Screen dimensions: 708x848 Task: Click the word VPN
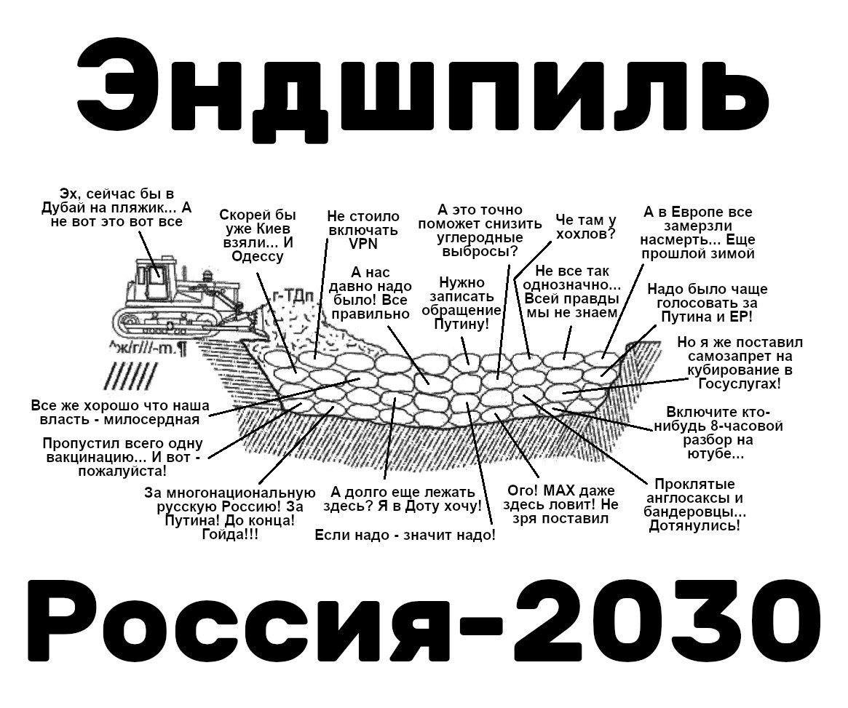click(363, 244)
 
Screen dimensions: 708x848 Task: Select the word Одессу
click(258, 256)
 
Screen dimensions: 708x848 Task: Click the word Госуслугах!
click(738, 383)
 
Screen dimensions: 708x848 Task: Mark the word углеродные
click(480, 238)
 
